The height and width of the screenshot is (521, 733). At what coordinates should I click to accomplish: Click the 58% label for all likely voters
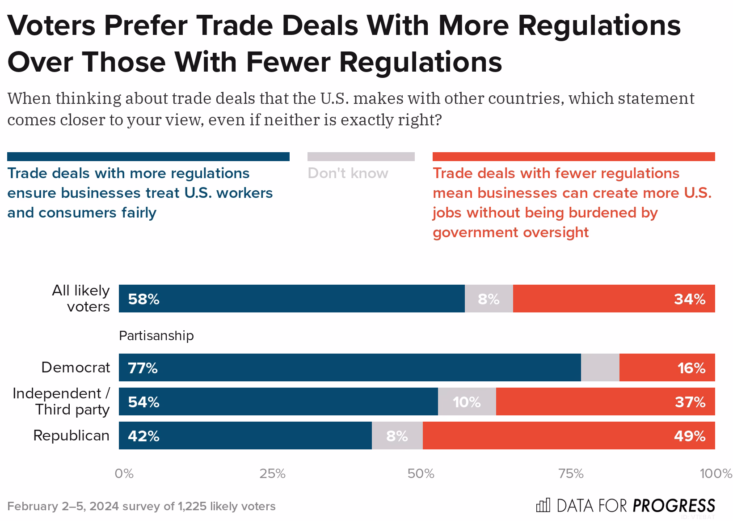143,299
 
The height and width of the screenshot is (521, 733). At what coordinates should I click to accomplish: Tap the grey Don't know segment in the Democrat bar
600,367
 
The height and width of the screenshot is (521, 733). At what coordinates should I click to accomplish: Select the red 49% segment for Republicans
569,436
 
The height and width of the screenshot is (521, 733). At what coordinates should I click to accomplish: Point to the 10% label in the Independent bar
467,402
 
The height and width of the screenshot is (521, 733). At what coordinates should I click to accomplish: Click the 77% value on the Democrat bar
143,368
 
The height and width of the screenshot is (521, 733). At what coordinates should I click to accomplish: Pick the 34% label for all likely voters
690,299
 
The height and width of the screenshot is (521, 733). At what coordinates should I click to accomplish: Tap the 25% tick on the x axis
272,474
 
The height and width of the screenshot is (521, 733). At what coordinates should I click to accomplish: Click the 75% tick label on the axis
571,474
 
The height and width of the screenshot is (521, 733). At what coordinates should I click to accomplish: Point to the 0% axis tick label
124,474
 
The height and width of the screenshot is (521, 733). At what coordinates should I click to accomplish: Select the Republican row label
71,436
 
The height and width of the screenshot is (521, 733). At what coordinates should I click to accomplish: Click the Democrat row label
75,367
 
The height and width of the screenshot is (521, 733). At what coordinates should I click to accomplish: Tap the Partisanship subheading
156,336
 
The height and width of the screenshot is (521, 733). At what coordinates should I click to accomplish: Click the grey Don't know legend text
348,173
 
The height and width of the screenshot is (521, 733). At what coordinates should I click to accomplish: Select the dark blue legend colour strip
148,157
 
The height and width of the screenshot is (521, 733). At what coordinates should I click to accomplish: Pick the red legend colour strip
573,157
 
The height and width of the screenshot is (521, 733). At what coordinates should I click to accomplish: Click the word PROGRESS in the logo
674,505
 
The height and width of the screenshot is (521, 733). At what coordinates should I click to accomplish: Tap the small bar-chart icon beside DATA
543,505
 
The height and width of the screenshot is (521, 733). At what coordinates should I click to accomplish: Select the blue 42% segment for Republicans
245,436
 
